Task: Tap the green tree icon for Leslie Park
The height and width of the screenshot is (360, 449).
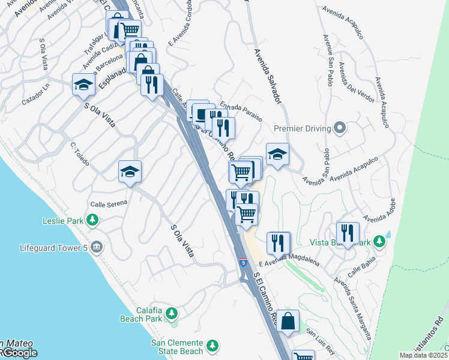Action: coord(92,221)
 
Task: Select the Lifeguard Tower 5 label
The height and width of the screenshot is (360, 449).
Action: coord(53,247)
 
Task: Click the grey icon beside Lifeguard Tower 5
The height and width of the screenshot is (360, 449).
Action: coord(97,247)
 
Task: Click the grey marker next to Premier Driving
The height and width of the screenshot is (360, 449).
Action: coord(340,128)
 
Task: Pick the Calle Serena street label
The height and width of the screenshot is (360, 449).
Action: coord(109,203)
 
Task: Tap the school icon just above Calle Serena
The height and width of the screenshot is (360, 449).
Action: coord(130,173)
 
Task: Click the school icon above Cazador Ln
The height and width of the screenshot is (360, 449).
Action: coord(83,85)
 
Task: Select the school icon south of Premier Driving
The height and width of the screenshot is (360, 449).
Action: coord(277,155)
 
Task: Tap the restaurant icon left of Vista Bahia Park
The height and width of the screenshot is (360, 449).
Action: coord(348,233)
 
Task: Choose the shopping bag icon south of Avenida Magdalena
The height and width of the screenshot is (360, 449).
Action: coord(288,320)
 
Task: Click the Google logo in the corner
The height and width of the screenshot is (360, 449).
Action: coord(19,353)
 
